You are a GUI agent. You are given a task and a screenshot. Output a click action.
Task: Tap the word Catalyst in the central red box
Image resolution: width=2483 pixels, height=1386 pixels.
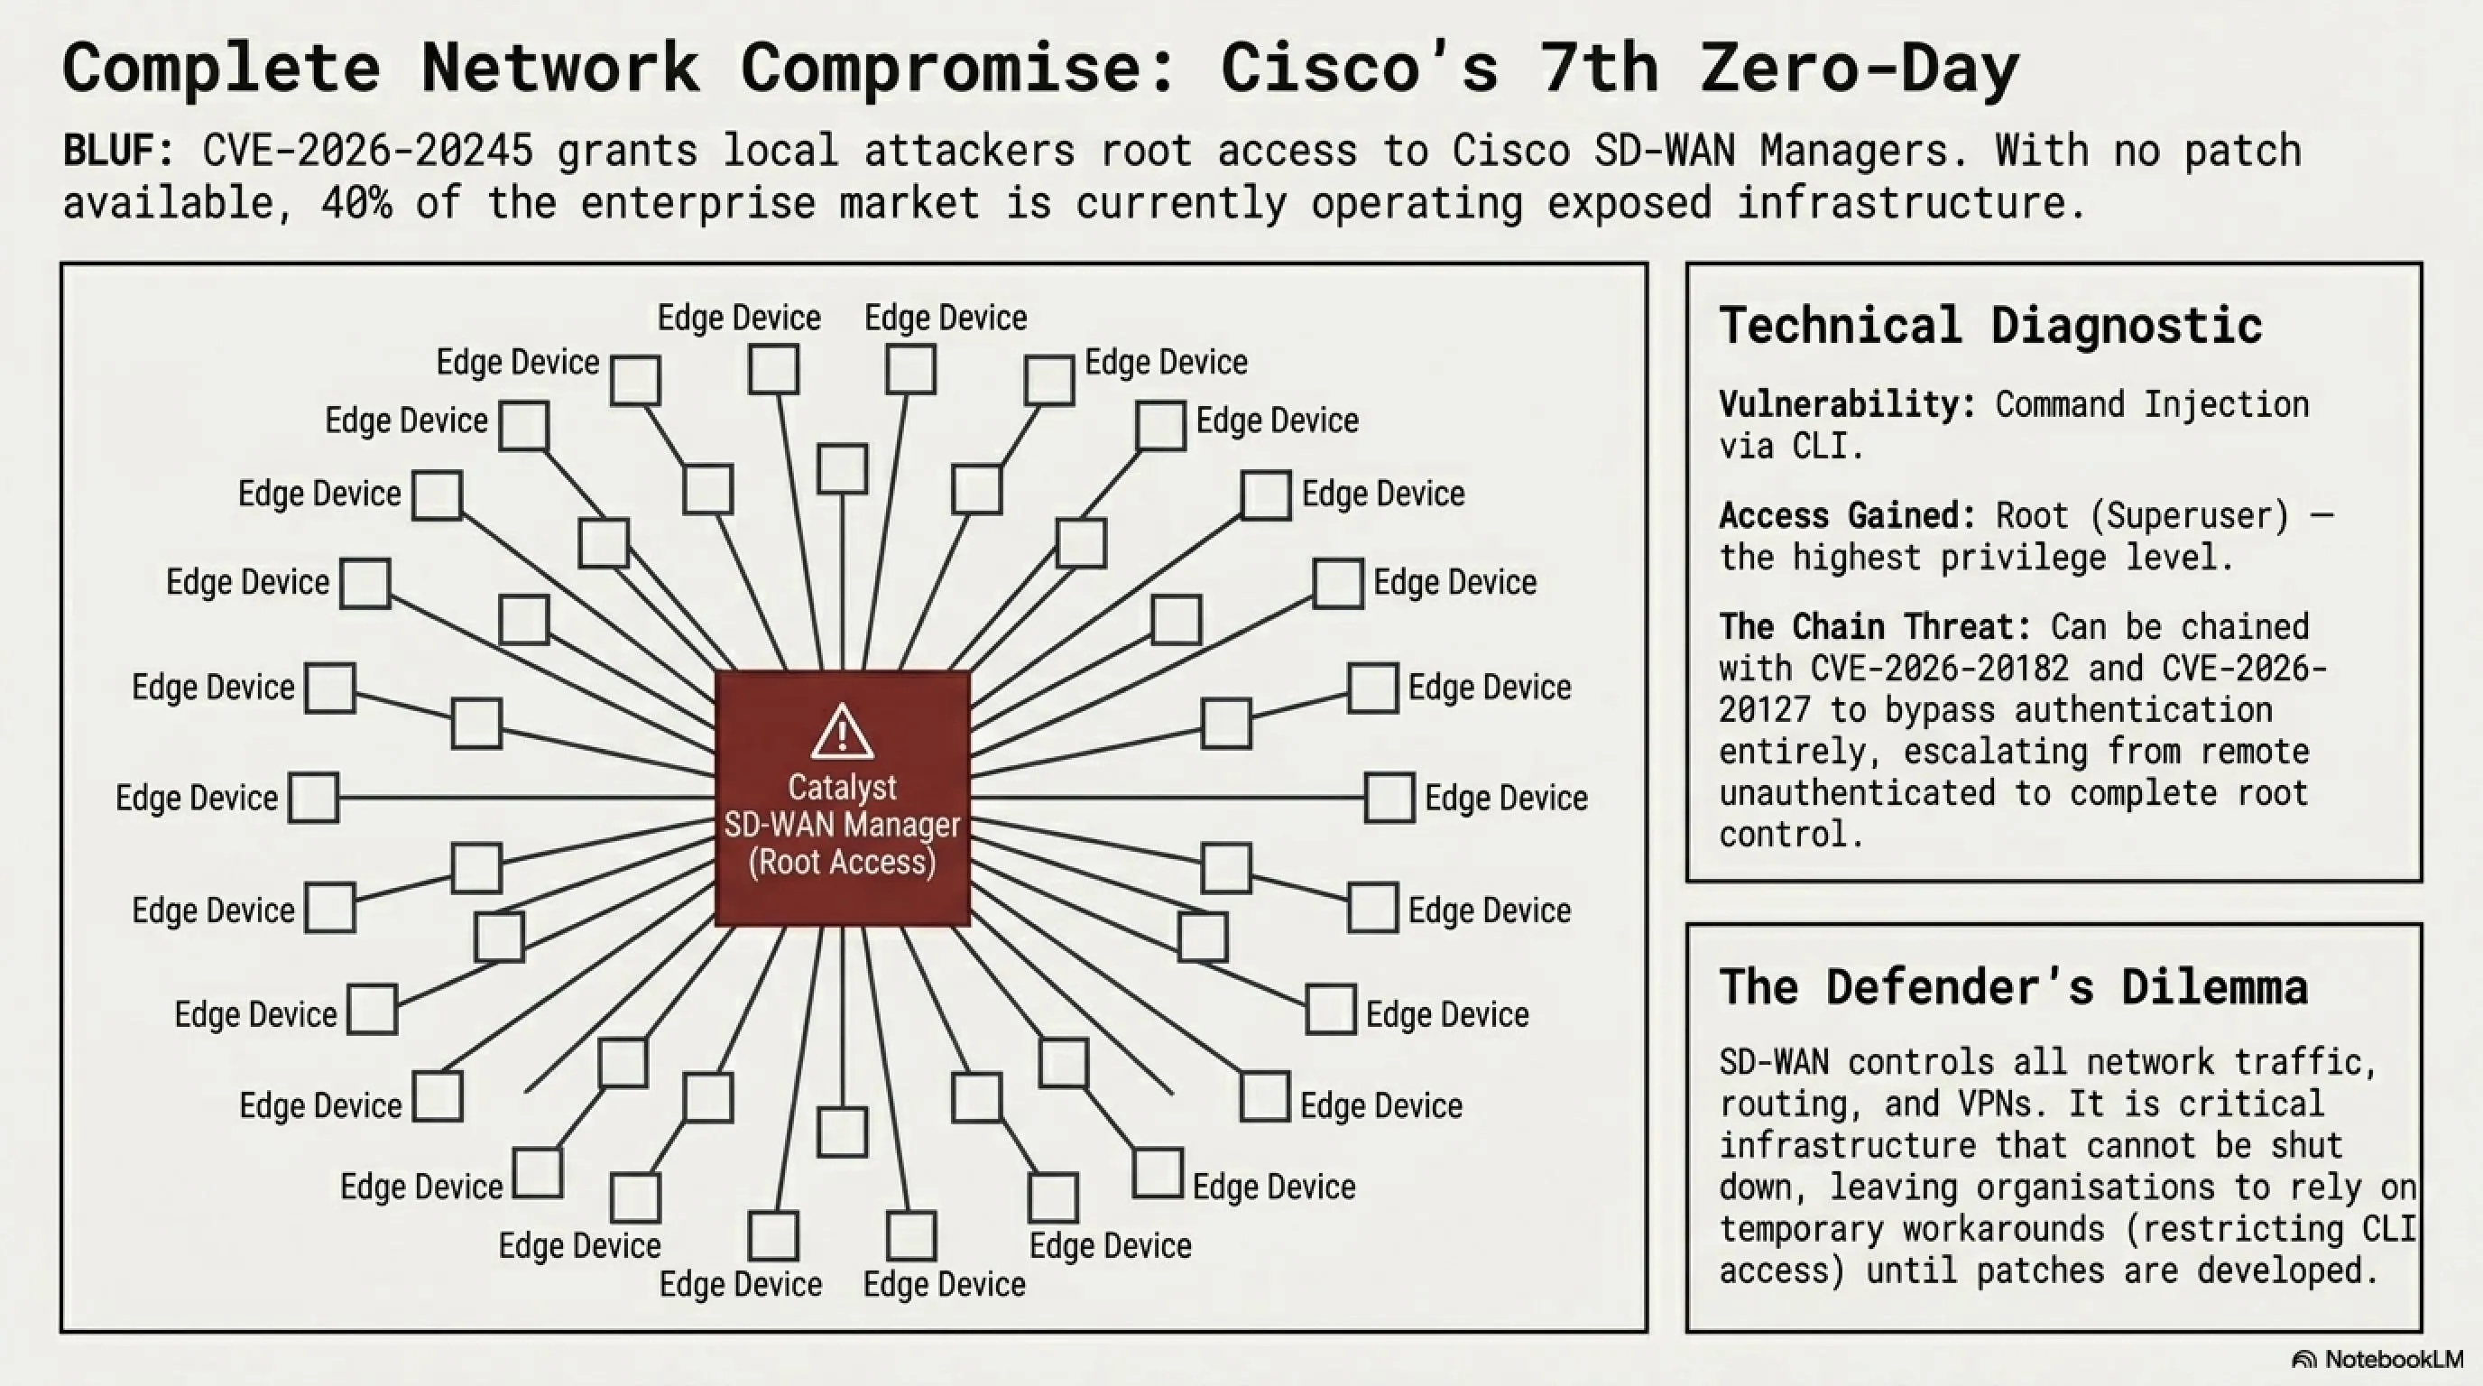coord(843,788)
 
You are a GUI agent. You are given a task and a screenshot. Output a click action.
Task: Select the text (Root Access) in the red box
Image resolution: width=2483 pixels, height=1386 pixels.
coord(843,862)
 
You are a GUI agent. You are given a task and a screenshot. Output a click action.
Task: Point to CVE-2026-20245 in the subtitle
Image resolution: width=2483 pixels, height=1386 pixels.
coord(368,151)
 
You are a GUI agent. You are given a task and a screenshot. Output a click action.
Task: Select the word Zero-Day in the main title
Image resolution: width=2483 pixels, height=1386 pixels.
coord(1860,68)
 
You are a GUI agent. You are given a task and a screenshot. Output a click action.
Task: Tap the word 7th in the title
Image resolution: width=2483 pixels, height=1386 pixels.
coord(1599,68)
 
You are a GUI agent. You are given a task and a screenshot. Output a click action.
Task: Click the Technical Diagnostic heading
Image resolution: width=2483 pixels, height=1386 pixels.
coord(1990,325)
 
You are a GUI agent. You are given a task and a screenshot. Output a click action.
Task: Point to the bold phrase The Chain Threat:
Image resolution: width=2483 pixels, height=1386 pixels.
coord(1875,626)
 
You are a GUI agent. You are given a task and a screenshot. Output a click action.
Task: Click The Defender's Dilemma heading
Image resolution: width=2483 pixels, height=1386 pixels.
coord(2014,986)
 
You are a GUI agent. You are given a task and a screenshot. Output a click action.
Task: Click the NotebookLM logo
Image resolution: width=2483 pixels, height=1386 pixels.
coord(2378,1359)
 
